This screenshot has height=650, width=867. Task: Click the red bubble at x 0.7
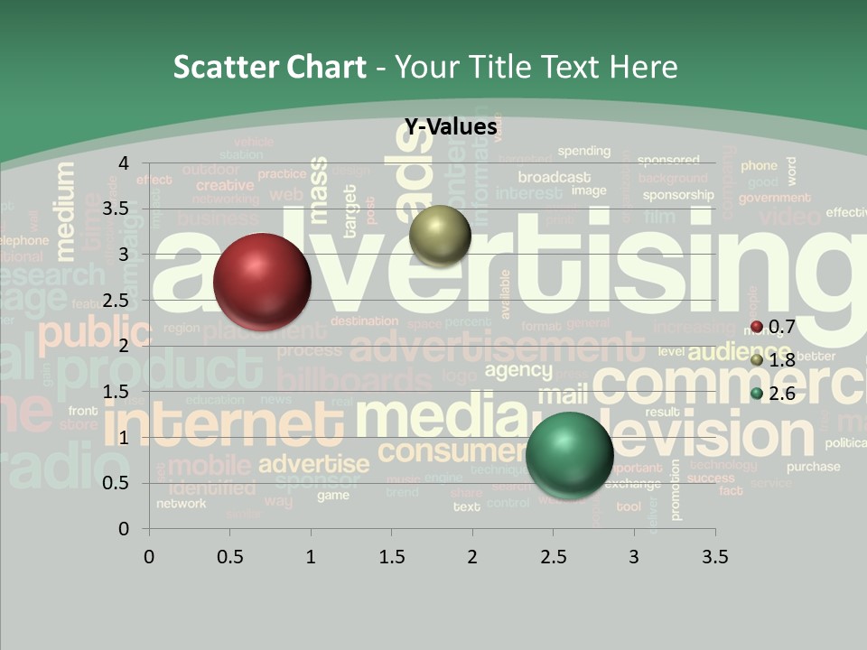pos(262,282)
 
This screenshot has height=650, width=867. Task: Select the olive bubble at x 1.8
pos(440,236)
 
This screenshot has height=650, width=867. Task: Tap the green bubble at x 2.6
pos(569,454)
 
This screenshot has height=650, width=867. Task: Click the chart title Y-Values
pos(450,127)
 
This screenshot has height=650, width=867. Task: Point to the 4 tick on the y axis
pos(124,163)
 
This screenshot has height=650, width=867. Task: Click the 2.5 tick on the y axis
pos(117,301)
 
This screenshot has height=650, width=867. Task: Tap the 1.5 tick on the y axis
pos(117,392)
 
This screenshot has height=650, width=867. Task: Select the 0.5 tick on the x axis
pos(230,556)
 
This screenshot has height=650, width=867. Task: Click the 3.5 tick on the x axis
pos(714,556)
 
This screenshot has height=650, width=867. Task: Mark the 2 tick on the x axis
pos(472,556)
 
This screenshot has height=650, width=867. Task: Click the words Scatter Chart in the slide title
pos(269,67)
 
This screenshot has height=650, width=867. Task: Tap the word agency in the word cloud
pos(517,370)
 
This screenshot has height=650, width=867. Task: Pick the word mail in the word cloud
pos(563,395)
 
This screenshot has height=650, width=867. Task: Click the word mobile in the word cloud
pos(209,466)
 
